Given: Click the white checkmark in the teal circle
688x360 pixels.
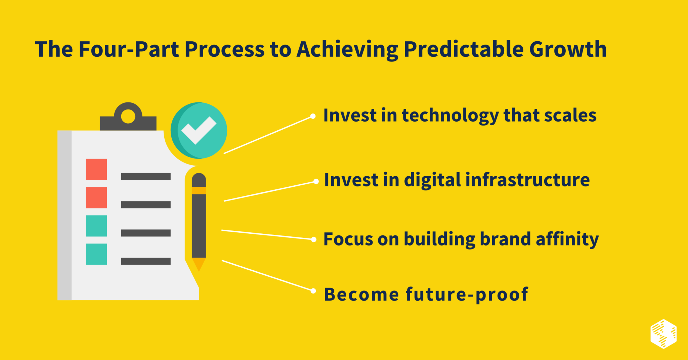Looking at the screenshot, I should [199, 130].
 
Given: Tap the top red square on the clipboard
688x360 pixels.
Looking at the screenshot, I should [96, 169].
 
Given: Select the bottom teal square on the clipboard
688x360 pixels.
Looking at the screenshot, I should [96, 254].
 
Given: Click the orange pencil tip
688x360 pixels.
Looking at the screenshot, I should [199, 264].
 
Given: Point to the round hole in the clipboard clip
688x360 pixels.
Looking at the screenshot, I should [128, 117].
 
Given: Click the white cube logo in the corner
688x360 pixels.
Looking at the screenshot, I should [663, 334].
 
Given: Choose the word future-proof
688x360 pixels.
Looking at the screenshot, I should [467, 295].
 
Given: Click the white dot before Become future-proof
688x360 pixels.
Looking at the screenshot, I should [313, 291].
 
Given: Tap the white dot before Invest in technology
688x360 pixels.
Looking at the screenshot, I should [313, 116].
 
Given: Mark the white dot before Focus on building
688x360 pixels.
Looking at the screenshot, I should [314, 239].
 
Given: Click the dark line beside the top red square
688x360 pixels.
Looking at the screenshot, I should [146, 177].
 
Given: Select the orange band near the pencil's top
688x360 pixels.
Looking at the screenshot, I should [199, 190].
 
